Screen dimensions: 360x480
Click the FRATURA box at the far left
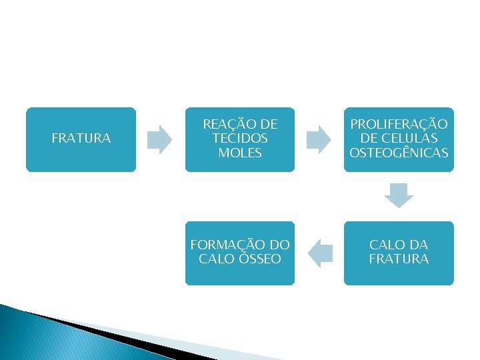(x=81, y=139)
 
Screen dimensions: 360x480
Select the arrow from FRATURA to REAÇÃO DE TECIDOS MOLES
(x=159, y=139)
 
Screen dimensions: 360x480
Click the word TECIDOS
(x=240, y=138)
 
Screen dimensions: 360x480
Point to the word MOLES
(x=240, y=153)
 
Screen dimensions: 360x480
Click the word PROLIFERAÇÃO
(x=399, y=124)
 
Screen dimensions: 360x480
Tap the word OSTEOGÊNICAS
(x=399, y=153)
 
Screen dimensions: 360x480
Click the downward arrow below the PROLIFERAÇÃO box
(x=399, y=194)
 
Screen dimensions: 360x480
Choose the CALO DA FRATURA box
(x=399, y=253)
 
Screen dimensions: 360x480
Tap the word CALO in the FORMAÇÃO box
(x=215, y=259)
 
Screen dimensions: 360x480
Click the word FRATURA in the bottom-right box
(x=399, y=259)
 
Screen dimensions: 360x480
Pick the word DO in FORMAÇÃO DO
(x=279, y=245)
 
